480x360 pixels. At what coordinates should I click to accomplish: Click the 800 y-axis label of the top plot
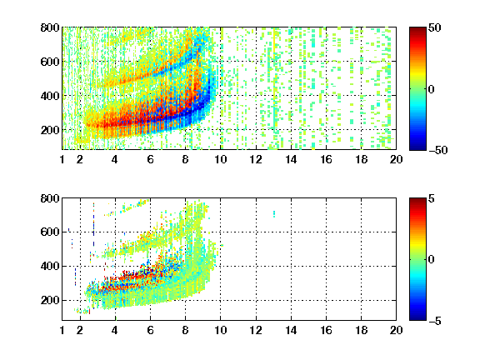(50, 27)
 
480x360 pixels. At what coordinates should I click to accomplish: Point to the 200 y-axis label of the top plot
(50, 130)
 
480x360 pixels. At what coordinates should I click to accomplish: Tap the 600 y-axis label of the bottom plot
(50, 232)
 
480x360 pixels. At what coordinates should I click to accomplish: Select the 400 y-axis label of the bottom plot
(50, 266)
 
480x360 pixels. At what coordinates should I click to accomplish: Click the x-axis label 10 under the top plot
(220, 159)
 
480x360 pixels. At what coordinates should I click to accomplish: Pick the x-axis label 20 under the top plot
(396, 159)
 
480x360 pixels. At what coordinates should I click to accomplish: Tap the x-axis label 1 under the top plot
(62, 159)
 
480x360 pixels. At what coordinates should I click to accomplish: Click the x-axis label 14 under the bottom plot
(291, 330)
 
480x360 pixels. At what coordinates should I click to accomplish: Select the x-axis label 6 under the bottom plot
(150, 330)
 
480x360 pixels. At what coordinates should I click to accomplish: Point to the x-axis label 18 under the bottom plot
(361, 330)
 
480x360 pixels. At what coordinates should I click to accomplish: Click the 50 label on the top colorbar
(435, 27)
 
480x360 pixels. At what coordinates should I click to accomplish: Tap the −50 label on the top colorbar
(437, 150)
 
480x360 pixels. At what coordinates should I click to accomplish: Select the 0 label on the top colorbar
(432, 89)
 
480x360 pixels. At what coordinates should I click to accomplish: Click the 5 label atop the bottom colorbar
(432, 198)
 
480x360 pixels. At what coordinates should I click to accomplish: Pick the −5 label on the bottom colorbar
(435, 321)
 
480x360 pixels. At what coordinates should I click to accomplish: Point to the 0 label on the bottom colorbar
(432, 260)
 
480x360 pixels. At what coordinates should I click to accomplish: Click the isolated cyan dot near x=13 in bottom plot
(274, 213)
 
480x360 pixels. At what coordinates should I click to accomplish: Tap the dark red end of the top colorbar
(417, 30)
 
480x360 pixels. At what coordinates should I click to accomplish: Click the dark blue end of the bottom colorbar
(417, 317)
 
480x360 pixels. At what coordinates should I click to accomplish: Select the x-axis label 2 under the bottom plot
(80, 330)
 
